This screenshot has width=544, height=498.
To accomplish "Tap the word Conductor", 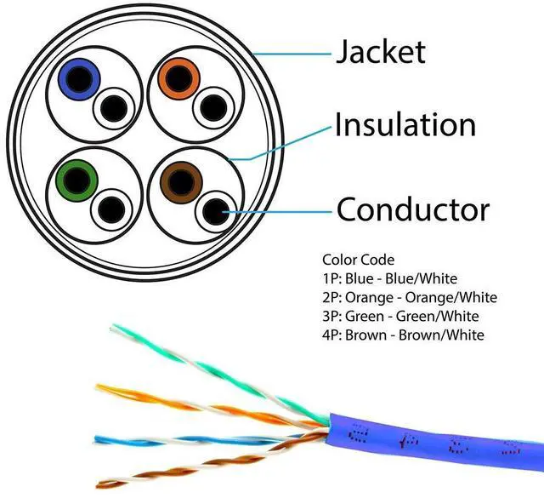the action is [413, 209].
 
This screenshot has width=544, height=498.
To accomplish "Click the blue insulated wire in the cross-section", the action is [78, 80].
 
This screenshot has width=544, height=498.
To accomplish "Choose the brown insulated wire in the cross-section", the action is [177, 180].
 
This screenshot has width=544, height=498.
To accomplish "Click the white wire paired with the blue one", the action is [112, 109].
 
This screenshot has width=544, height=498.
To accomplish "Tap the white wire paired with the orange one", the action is [210, 109].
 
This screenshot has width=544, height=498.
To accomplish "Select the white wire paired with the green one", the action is [111, 209].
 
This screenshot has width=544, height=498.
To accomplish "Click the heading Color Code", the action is [359, 260].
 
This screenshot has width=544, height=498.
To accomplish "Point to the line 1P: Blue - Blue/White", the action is [389, 278].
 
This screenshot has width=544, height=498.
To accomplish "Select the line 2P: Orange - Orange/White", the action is [409, 297].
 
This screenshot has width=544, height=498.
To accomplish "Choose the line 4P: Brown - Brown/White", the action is [403, 335].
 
